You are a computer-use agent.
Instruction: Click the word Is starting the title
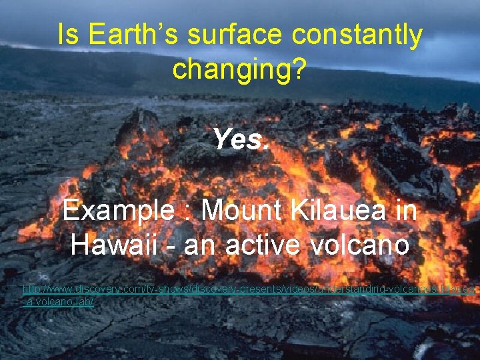pos(67,35)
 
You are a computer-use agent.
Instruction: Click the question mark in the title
pos(301,69)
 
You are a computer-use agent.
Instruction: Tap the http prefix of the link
pos(32,289)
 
